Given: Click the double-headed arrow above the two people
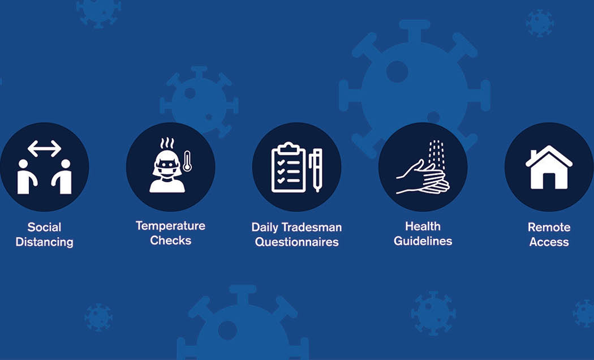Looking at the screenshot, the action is coord(44,148).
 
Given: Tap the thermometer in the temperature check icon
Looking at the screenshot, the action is coord(187,161).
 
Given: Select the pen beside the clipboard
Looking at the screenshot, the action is coord(316,170).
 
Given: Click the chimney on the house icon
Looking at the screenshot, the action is coord(534,154).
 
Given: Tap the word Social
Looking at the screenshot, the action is coord(44,227).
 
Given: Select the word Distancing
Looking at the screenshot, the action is coord(44,242).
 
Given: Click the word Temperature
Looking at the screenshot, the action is coord(170,226).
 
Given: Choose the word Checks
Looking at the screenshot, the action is coord(170,240).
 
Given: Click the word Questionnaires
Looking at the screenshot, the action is coord(296,242).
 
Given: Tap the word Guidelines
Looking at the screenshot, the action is coord(423,241).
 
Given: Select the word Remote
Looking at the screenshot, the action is coord(549,227).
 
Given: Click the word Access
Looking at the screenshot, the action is coord(549,242).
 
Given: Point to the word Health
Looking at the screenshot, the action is coord(423,226).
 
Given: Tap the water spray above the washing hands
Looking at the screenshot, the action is coord(436,154).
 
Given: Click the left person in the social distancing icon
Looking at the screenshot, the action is coord(26,177).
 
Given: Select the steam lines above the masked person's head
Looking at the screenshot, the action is coord(167,143).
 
